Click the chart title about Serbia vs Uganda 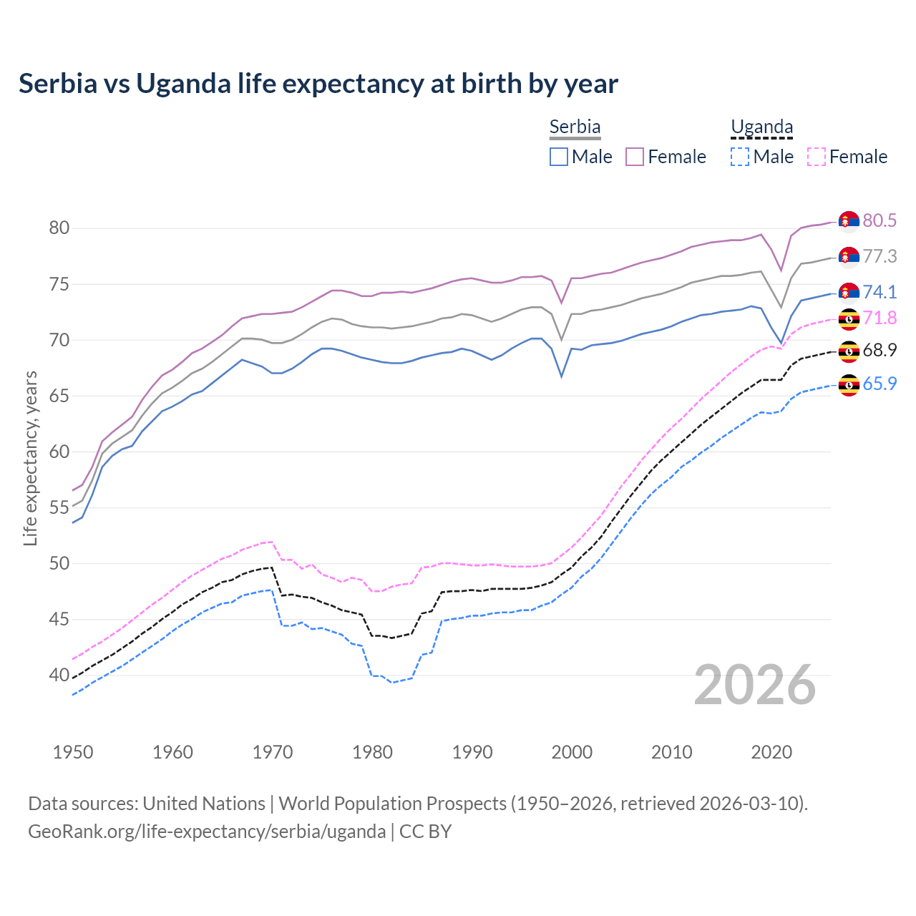click(318, 84)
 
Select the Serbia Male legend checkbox click(559, 157)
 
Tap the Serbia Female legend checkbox click(635, 157)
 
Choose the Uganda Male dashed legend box click(740, 157)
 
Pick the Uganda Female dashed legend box click(816, 157)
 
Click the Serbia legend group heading click(575, 127)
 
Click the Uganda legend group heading click(761, 127)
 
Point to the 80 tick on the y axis click(59, 228)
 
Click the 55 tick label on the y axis click(59, 507)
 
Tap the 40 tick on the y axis click(59, 675)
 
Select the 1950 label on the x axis click(73, 752)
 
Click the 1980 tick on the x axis click(372, 752)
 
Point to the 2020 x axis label click(771, 752)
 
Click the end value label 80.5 click(880, 220)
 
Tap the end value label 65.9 click(880, 384)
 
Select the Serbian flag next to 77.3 click(849, 256)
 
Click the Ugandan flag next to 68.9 click(849, 351)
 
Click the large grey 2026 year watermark click(755, 685)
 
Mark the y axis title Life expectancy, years click(31, 458)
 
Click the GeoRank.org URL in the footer click(207, 832)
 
